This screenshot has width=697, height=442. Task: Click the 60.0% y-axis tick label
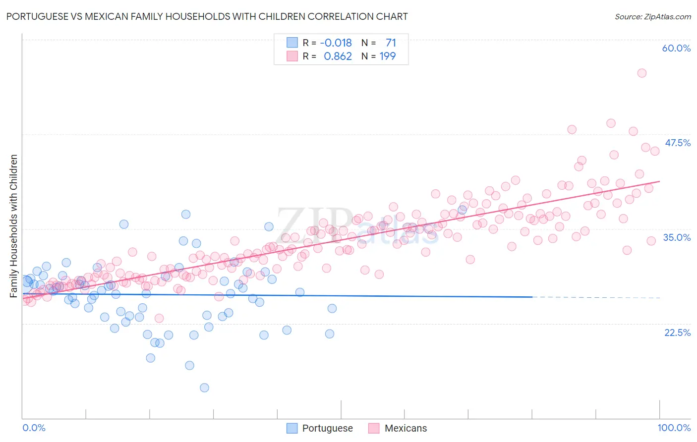point(676,48)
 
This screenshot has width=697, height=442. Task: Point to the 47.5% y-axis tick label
point(677,143)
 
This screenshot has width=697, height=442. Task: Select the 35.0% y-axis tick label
point(677,237)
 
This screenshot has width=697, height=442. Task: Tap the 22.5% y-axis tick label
point(677,332)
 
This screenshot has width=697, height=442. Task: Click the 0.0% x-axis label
point(34,428)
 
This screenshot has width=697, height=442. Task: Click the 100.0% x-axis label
point(674,428)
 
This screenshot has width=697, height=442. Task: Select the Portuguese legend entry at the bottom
point(320,428)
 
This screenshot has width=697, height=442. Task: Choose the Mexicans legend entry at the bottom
point(398,428)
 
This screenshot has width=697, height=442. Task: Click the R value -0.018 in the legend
point(336,43)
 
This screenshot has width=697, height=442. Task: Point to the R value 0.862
point(338,56)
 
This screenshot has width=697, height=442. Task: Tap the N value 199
point(387,56)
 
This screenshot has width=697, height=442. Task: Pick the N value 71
point(391,43)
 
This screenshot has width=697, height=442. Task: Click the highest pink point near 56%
point(641,73)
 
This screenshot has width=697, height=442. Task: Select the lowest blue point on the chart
point(204,387)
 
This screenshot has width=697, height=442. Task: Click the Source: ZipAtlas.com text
point(652,16)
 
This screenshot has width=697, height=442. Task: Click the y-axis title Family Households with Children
point(14,226)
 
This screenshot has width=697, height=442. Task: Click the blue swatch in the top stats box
point(292,43)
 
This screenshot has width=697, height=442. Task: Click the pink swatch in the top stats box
point(292,56)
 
